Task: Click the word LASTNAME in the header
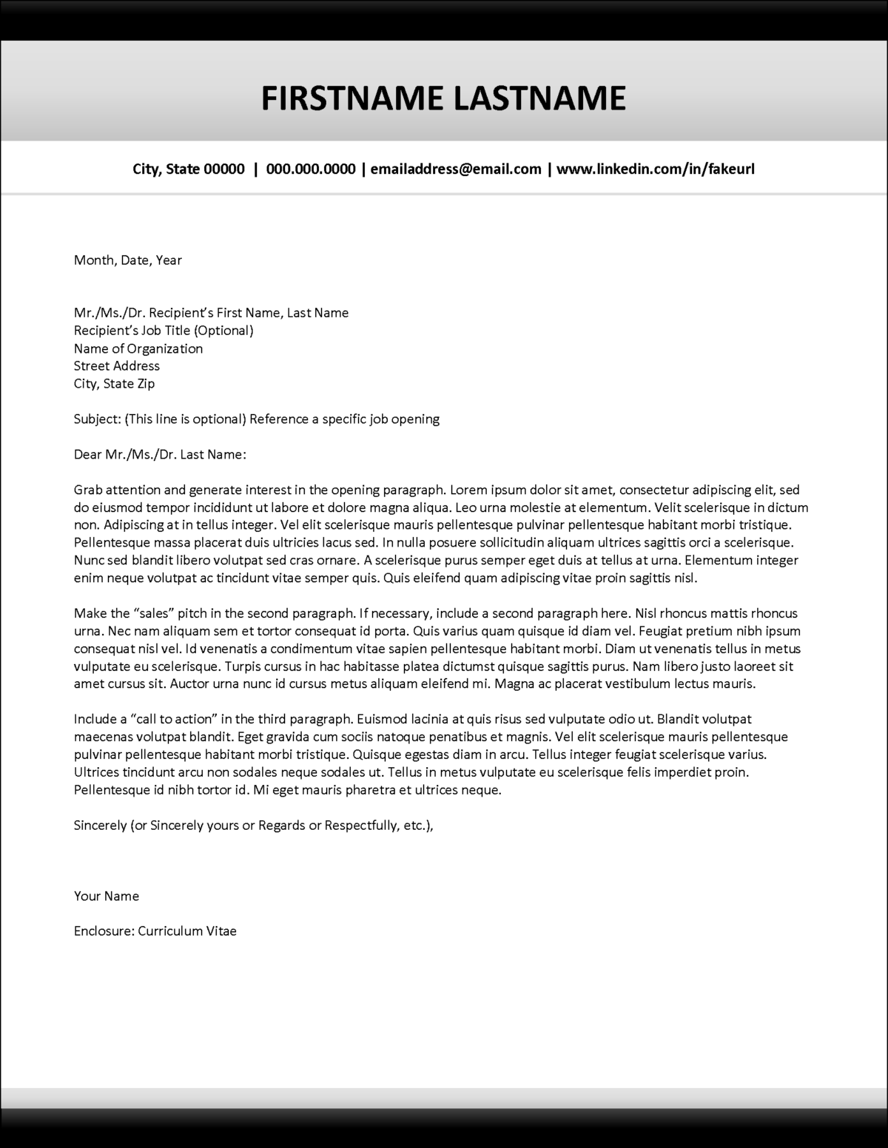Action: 539,98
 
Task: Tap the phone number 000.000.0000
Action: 311,169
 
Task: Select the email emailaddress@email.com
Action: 456,169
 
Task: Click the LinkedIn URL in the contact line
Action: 655,169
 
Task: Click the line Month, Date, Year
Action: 127,260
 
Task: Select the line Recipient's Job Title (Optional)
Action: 164,331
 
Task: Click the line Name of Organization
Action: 138,348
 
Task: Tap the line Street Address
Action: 116,365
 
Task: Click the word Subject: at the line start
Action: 97,419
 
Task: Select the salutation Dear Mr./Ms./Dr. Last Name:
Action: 159,454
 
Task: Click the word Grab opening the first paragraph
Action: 88,490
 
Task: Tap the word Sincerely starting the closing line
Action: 100,825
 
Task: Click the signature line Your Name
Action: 106,896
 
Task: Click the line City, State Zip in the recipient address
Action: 114,383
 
